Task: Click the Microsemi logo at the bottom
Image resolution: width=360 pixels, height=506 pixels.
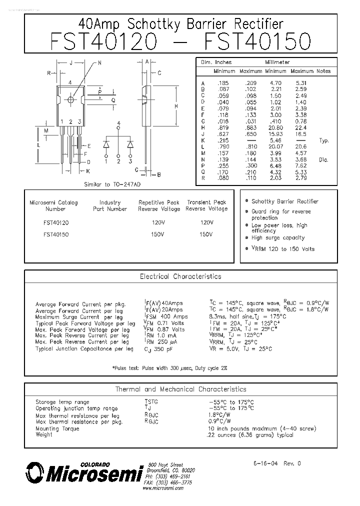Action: [82, 472]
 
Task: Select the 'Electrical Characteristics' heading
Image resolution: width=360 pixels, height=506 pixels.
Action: [180, 276]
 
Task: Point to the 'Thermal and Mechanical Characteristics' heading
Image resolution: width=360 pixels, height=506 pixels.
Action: [180, 389]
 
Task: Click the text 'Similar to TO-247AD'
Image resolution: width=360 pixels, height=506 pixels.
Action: [111, 184]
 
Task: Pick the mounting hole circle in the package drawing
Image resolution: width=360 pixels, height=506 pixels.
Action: [70, 100]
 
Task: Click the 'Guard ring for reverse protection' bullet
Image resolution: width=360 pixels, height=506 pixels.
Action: [281, 214]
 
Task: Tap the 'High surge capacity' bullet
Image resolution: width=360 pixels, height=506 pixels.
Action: [278, 238]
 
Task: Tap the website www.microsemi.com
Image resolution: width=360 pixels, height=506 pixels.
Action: [162, 488]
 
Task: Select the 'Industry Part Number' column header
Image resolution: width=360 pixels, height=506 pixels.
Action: [110, 205]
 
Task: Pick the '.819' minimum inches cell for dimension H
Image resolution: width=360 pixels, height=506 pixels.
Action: [222, 127]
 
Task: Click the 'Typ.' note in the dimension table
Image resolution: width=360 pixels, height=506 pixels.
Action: [324, 140]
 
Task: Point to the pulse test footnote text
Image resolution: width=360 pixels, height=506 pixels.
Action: [169, 368]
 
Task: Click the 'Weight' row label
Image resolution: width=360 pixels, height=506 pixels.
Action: [44, 434]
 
